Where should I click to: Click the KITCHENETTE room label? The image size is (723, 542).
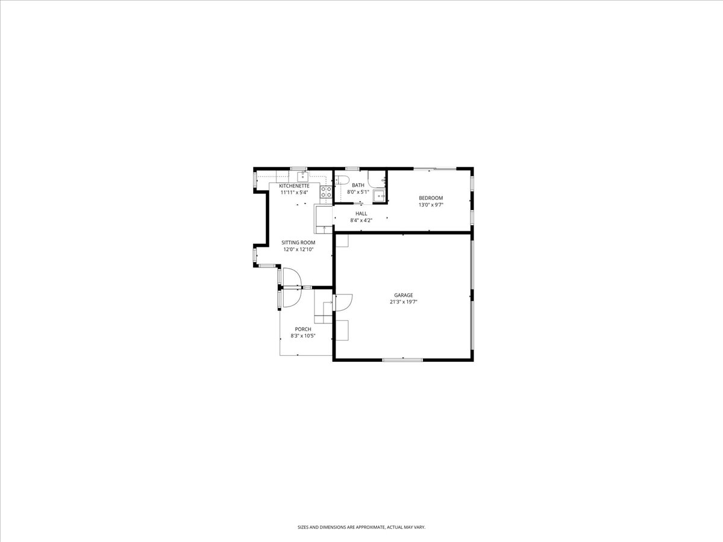294,186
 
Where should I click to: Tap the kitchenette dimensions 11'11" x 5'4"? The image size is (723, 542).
294,193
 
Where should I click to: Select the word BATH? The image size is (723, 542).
358,185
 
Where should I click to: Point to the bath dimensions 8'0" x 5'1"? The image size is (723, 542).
358,192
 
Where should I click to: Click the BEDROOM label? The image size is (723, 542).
431,198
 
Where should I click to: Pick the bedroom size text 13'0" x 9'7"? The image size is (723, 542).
431,205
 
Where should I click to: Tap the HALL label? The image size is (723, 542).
361,214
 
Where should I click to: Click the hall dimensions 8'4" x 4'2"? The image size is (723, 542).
361,220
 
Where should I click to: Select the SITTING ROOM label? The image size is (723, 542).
298,243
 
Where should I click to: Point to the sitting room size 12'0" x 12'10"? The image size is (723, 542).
298,249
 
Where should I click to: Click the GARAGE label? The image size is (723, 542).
404,295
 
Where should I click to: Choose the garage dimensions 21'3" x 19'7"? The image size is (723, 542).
404,302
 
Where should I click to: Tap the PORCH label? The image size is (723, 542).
303,329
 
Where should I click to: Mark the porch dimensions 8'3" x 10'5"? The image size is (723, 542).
303,336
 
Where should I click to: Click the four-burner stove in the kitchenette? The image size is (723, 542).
326,192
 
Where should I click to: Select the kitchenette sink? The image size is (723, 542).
302,176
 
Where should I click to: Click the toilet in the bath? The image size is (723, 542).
342,180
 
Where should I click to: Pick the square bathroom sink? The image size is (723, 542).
380,196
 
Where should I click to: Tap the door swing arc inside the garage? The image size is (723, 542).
349,304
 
